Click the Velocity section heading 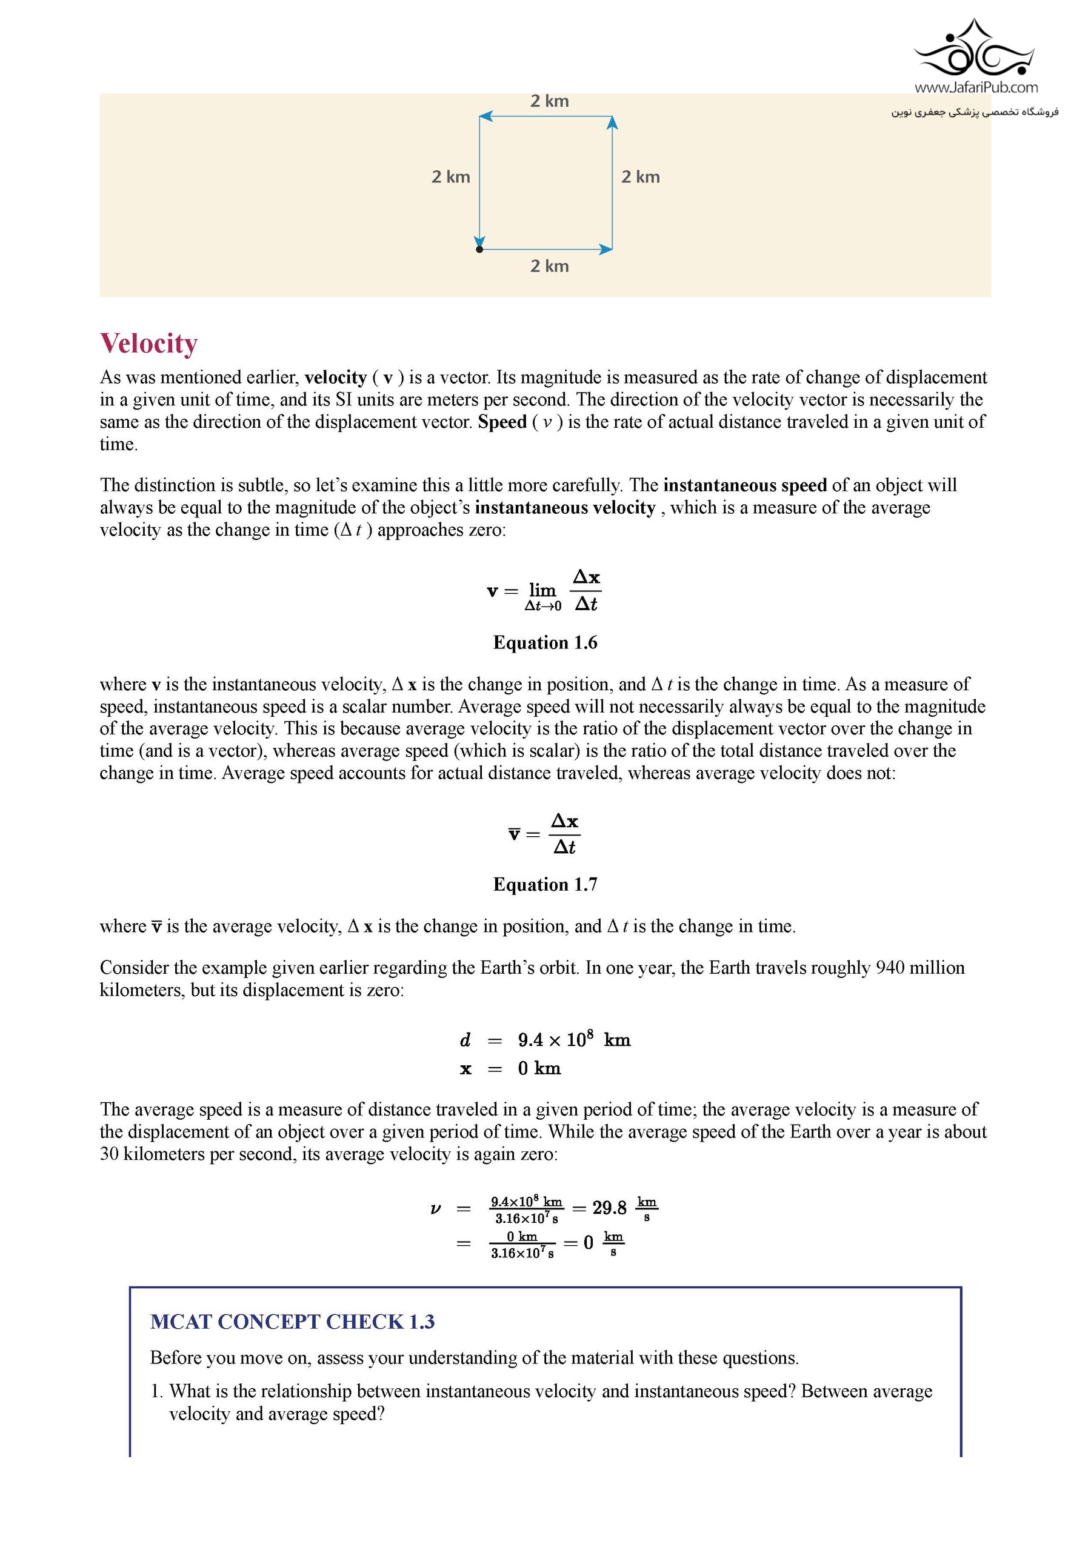click(x=148, y=343)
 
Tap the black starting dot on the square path click(x=479, y=250)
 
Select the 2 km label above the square click(x=549, y=101)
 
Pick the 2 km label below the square click(x=549, y=266)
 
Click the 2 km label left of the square click(x=450, y=177)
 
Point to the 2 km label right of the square click(x=640, y=177)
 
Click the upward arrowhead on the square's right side click(x=612, y=122)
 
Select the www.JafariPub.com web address click(x=976, y=87)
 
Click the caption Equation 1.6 click(x=545, y=642)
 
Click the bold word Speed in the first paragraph click(x=502, y=422)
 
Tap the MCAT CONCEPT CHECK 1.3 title click(x=292, y=1322)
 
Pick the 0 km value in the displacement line click(x=539, y=1069)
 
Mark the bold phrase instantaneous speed click(x=745, y=485)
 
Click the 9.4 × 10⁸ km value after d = click(x=574, y=1040)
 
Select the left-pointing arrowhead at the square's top click(x=485, y=117)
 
